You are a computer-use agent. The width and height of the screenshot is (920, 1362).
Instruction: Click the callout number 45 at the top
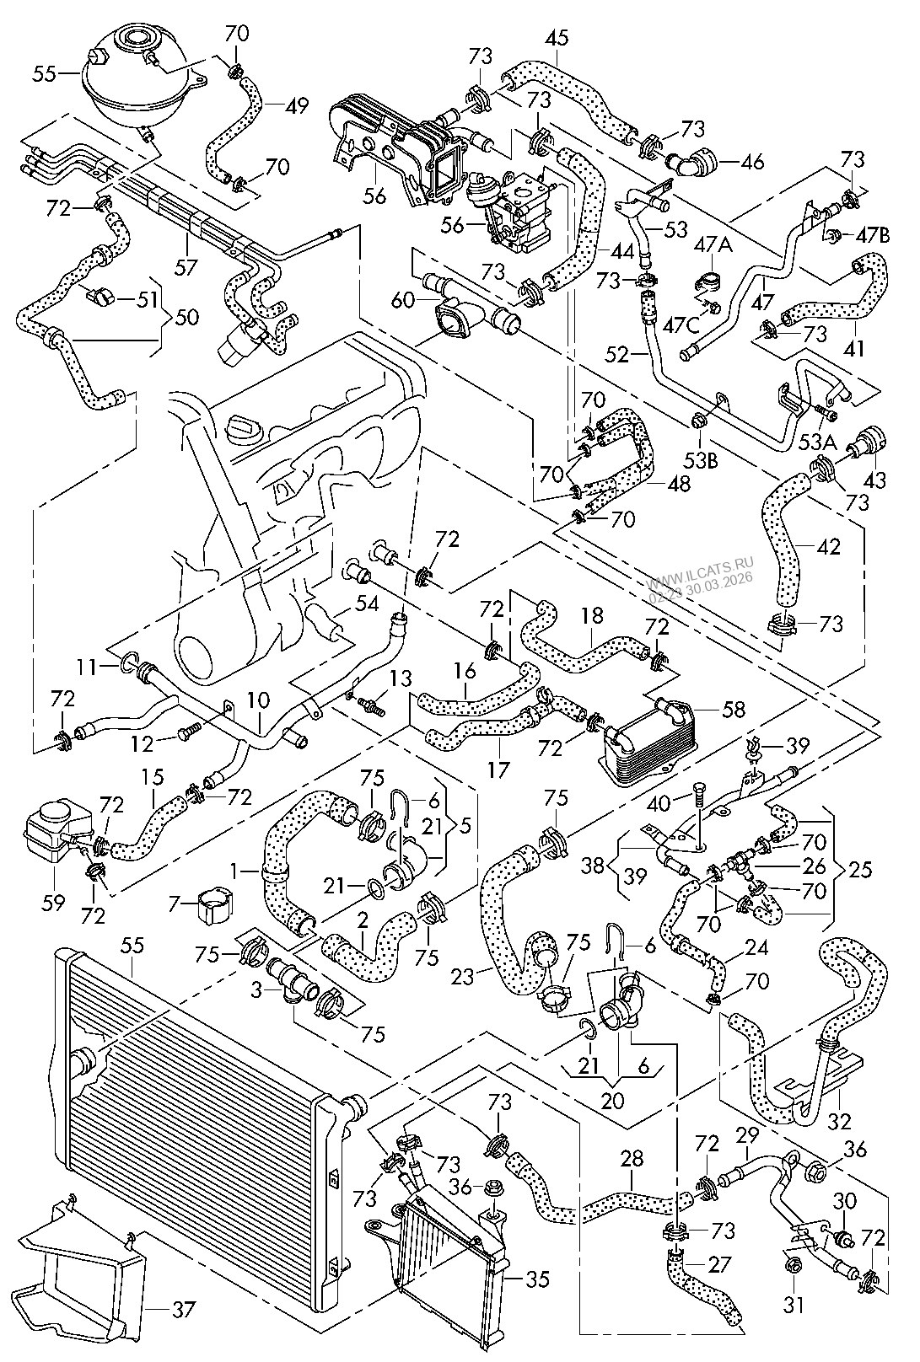557,37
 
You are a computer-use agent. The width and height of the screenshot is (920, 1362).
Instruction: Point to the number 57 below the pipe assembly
186,267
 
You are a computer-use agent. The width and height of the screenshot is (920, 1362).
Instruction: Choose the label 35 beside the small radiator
535,1279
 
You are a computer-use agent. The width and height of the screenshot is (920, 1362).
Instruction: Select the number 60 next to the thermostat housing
404,298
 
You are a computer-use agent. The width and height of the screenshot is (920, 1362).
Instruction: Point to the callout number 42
828,546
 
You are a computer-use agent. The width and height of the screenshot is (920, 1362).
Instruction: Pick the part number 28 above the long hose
632,1159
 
